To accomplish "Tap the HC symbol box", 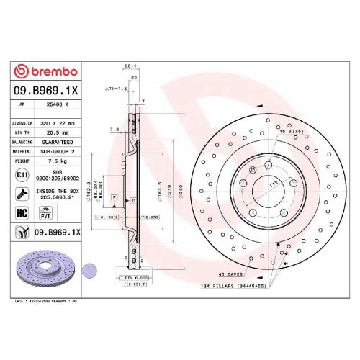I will pos(21,214).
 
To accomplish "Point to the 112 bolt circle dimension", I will pos(272,184).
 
